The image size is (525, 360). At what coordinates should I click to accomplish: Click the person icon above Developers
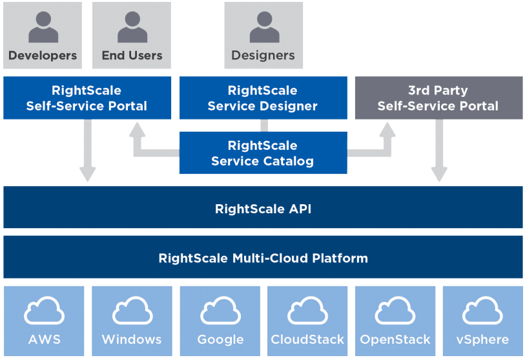tap(43, 28)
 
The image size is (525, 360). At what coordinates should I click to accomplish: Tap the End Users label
tap(132, 56)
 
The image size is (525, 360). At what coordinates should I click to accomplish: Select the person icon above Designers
tap(263, 28)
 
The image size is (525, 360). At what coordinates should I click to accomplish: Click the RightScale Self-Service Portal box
tap(87, 98)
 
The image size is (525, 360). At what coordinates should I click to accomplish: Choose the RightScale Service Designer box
tap(263, 98)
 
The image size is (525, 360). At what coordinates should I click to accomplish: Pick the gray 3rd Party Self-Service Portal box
tap(438, 98)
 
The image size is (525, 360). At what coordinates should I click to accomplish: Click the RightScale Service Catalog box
tap(263, 153)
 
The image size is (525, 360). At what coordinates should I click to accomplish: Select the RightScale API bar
tap(263, 208)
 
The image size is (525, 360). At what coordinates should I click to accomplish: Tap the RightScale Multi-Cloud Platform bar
tap(263, 258)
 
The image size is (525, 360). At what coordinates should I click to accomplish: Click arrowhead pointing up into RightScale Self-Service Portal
tap(138, 130)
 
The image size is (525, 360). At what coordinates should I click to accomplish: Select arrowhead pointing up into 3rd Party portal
tap(387, 130)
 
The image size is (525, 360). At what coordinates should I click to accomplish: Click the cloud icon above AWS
tap(44, 312)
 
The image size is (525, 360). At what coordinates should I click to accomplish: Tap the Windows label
tap(132, 339)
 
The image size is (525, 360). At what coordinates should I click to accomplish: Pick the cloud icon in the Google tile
tap(220, 312)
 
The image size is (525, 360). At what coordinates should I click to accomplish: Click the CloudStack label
tap(307, 339)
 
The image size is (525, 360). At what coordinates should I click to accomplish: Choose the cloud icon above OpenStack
tap(395, 312)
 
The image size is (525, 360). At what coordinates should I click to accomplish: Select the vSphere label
tap(482, 339)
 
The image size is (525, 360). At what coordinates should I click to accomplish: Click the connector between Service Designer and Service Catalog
tap(263, 125)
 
